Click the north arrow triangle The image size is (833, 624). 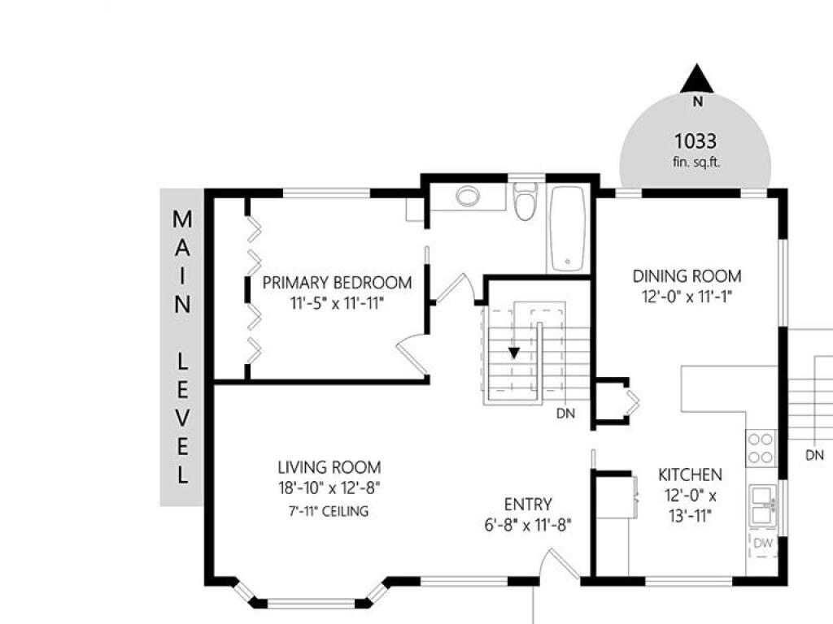click(697, 80)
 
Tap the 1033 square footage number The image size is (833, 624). click(696, 141)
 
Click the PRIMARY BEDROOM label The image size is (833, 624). click(337, 282)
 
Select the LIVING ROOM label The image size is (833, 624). click(329, 467)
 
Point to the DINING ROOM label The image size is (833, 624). click(687, 276)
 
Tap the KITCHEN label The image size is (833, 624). click(690, 474)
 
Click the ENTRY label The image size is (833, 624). click(528, 504)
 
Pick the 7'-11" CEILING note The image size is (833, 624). click(329, 512)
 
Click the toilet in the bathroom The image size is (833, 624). click(526, 201)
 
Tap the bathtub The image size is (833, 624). click(568, 228)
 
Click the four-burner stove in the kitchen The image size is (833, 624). click(761, 448)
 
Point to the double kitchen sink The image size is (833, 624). click(763, 505)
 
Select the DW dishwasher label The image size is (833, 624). click(763, 544)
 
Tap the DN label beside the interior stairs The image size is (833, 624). click(566, 414)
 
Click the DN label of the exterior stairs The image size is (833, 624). click(814, 455)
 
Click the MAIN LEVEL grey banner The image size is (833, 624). click(181, 347)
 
